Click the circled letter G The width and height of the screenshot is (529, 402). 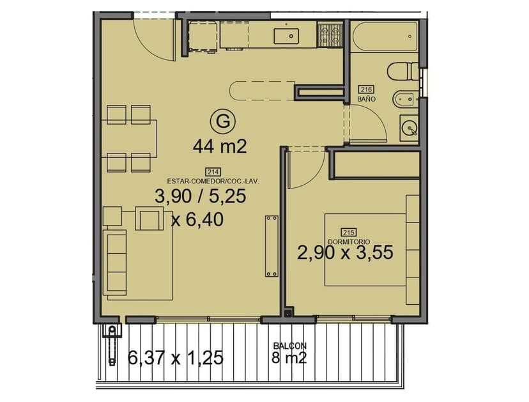point(222,121)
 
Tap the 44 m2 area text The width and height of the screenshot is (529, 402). point(220,147)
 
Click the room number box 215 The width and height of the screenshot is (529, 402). point(348,232)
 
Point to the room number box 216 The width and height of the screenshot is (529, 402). point(366,89)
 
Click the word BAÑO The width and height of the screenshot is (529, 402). point(366,99)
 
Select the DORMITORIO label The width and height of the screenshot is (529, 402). point(349,242)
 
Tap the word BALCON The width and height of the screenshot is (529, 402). point(290,346)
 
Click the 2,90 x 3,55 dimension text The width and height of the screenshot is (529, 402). point(345,252)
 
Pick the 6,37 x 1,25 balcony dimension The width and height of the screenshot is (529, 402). point(176,357)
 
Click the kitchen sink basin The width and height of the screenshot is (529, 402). point(286,36)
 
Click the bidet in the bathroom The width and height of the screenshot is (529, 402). point(405,99)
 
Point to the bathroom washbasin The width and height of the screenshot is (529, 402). point(409,128)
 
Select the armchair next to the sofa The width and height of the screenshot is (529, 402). point(149,219)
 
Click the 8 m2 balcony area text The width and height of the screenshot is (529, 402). point(289,358)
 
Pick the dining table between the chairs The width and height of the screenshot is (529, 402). point(129,139)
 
